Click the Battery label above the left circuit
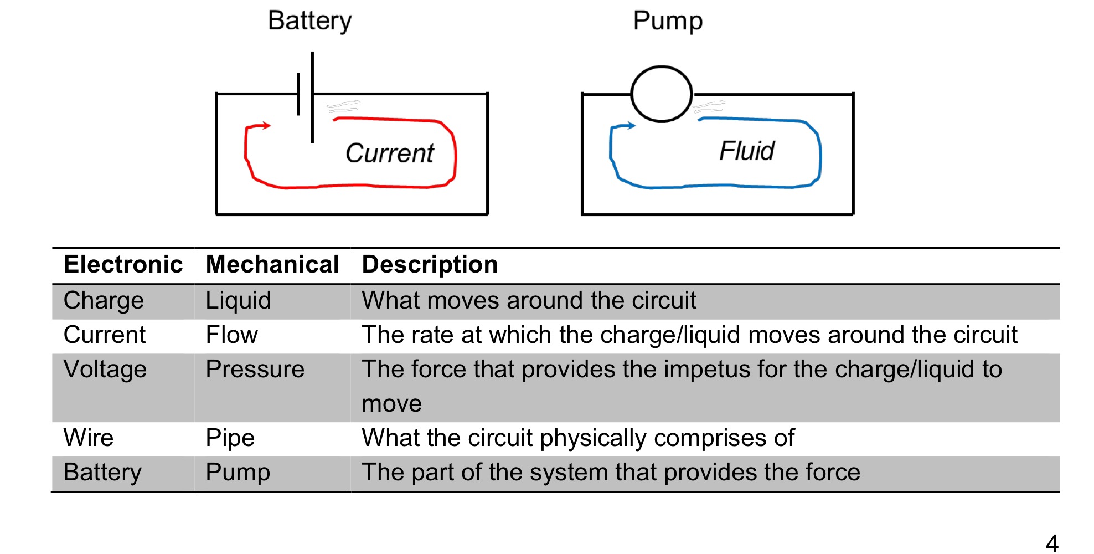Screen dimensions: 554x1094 [309, 21]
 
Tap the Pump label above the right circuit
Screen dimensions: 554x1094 [668, 21]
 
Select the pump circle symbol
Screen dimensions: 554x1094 [662, 94]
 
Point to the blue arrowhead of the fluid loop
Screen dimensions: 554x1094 [632, 125]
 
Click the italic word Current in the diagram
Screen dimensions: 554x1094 [390, 153]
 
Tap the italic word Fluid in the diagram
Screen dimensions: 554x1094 [747, 151]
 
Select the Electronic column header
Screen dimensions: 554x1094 [123, 264]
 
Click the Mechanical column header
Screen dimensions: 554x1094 [272, 264]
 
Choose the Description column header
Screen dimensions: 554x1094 [430, 264]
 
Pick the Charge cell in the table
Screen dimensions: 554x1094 [104, 301]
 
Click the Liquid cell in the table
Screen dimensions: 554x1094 [238, 301]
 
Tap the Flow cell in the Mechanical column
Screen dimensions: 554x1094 [231, 335]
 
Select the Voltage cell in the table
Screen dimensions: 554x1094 [105, 370]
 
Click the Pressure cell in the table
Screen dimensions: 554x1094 [255, 370]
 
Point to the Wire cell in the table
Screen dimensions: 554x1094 [89, 438]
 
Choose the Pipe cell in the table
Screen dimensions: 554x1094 [230, 438]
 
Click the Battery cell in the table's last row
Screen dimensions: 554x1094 [102, 473]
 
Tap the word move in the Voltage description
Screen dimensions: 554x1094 [391, 404]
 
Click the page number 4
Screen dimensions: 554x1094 [1052, 543]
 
